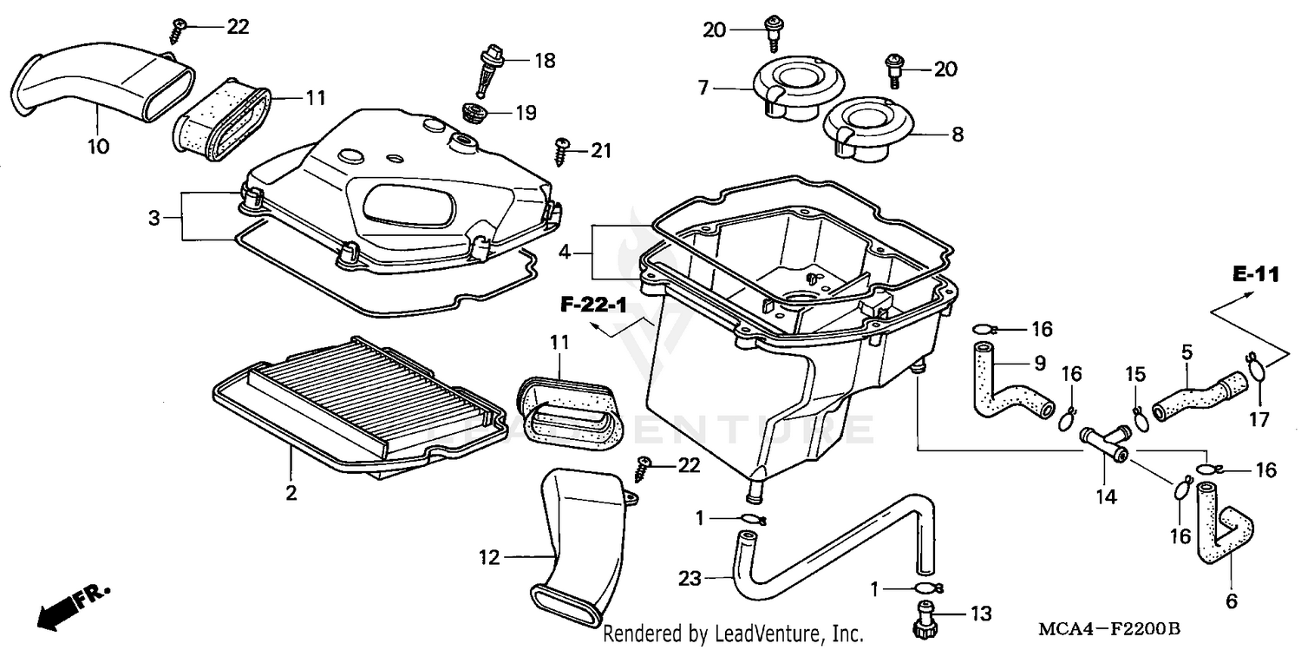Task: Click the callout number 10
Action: [98, 147]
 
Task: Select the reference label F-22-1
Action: [592, 305]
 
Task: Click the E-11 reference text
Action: [1255, 275]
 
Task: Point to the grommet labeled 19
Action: [474, 114]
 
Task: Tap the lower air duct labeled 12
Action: [575, 537]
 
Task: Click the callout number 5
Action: [1187, 352]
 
